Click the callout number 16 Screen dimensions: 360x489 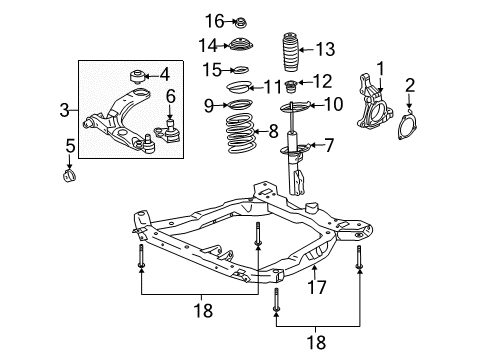(215, 21)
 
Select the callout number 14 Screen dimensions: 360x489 (207, 44)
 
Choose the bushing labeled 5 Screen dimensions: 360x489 (69, 179)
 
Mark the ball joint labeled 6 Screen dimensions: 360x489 (170, 130)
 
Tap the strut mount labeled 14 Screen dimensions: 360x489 (240, 44)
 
